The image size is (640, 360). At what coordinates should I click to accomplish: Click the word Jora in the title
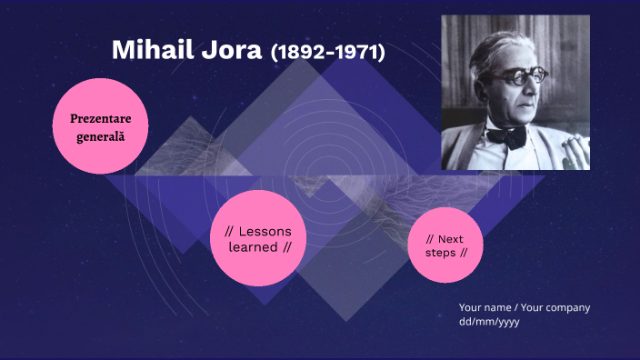tap(230, 51)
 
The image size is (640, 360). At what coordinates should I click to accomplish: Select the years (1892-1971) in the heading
tap(328, 53)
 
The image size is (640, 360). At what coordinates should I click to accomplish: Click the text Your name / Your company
tap(524, 307)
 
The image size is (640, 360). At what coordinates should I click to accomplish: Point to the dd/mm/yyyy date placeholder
tap(489, 322)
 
